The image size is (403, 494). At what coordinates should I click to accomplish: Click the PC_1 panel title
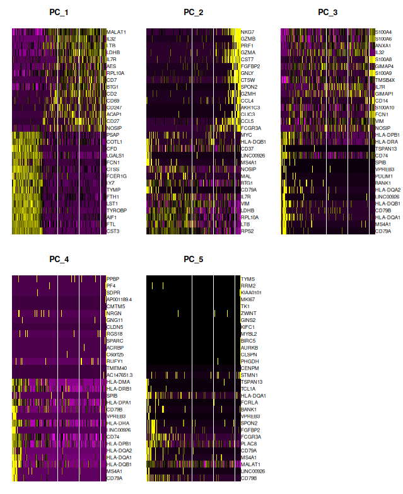(59, 12)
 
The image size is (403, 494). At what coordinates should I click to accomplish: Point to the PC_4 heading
(59, 259)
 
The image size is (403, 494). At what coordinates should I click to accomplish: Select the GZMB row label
(247, 38)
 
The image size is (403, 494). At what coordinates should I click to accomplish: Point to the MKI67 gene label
(247, 299)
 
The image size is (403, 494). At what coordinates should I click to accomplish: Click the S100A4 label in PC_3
(383, 32)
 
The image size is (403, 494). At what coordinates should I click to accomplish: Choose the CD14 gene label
(381, 100)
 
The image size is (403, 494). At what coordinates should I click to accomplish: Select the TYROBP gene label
(115, 210)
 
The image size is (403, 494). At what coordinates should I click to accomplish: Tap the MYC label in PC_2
(246, 135)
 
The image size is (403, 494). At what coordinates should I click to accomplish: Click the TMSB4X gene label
(385, 80)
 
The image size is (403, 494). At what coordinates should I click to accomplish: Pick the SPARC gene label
(114, 340)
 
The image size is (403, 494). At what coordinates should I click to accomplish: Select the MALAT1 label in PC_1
(116, 32)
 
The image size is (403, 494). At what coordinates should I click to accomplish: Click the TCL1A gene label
(247, 388)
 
